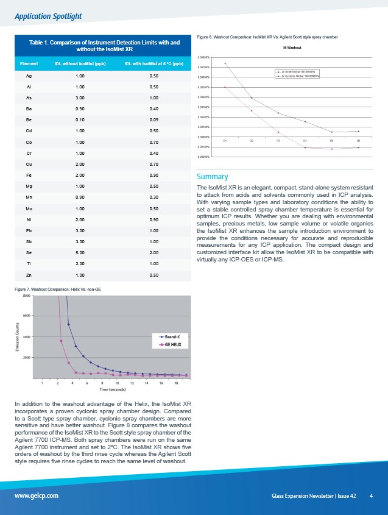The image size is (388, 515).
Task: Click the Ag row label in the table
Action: click(x=29, y=76)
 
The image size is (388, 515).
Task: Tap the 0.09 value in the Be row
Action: click(x=153, y=120)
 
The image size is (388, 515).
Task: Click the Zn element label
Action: click(x=29, y=275)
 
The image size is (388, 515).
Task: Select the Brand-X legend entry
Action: click(x=172, y=336)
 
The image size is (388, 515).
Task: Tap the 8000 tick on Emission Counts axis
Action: click(x=27, y=296)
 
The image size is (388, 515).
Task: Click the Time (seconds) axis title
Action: click(x=113, y=389)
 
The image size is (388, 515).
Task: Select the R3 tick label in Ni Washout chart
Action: click(x=278, y=141)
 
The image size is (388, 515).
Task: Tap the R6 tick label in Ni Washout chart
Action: click(x=358, y=141)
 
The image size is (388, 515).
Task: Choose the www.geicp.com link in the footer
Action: click(x=37, y=495)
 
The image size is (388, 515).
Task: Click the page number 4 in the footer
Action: click(x=371, y=495)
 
